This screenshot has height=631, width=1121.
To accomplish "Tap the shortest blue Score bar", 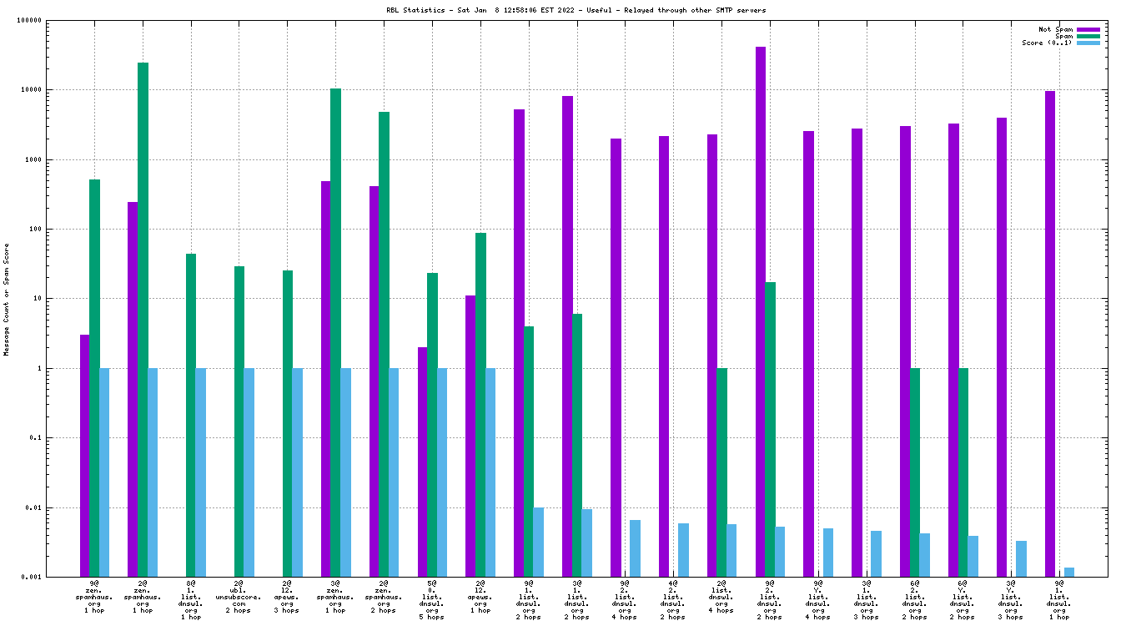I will (1068, 572).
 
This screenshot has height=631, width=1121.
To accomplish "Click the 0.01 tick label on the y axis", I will (32, 507).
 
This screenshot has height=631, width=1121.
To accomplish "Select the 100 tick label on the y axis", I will (35, 229).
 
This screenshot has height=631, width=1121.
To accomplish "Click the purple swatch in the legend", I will (1088, 29).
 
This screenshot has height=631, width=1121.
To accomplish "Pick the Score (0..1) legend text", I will (1047, 43).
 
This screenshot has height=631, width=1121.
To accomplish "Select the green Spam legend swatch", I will (1088, 36).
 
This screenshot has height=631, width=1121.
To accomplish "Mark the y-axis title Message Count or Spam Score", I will (7, 299).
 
